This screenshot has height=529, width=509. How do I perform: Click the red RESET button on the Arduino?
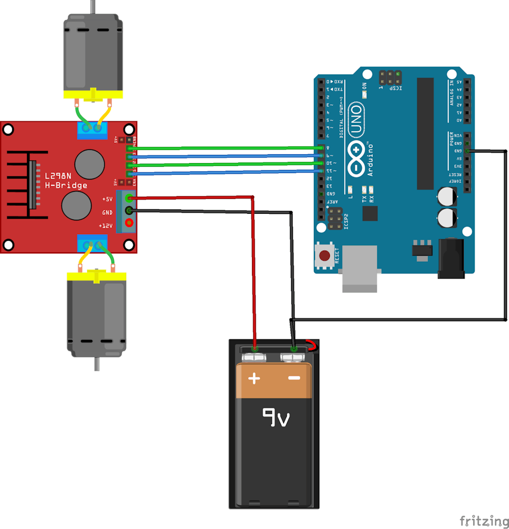click(x=325, y=256)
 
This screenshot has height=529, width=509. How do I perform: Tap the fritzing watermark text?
click(x=484, y=520)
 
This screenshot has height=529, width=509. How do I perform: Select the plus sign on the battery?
click(x=254, y=379)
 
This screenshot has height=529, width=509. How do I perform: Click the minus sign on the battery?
click(x=294, y=379)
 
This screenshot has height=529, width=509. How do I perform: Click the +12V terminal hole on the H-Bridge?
click(x=129, y=223)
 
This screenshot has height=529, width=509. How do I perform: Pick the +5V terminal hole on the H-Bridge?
click(x=129, y=198)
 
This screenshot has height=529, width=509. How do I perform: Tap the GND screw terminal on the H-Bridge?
click(x=129, y=210)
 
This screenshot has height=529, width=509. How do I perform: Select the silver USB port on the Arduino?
click(x=360, y=269)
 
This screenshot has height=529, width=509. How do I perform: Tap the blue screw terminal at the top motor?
click(x=92, y=129)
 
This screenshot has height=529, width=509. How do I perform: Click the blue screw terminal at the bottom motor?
click(x=92, y=242)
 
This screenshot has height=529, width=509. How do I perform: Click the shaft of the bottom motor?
click(x=97, y=363)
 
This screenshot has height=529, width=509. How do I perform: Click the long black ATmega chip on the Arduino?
click(x=425, y=133)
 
